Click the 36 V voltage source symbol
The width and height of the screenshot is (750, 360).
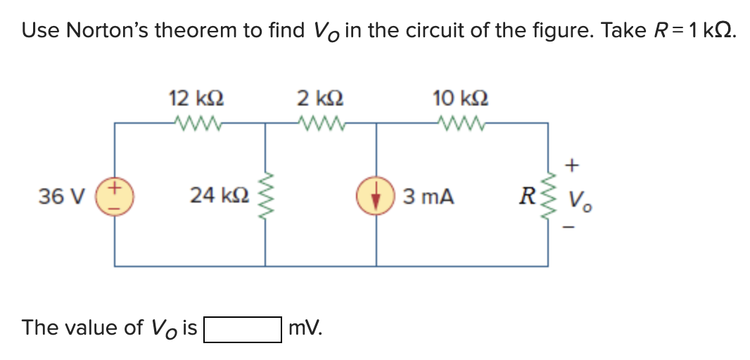pyautogui.click(x=115, y=196)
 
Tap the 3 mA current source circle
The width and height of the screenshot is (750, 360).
pyautogui.click(x=376, y=196)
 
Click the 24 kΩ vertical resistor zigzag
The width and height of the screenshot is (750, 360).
pyautogui.click(x=266, y=196)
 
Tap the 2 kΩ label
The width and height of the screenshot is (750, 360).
pyautogui.click(x=321, y=98)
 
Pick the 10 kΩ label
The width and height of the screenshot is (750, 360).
pyautogui.click(x=462, y=98)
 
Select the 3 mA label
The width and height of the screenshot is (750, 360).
pyautogui.click(x=428, y=197)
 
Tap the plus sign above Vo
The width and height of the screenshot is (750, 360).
pyautogui.click(x=573, y=166)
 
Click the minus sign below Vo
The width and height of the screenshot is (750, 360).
pyautogui.click(x=573, y=226)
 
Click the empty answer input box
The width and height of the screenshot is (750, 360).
pyautogui.click(x=243, y=328)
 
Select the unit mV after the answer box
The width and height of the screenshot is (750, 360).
pyautogui.click(x=305, y=328)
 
